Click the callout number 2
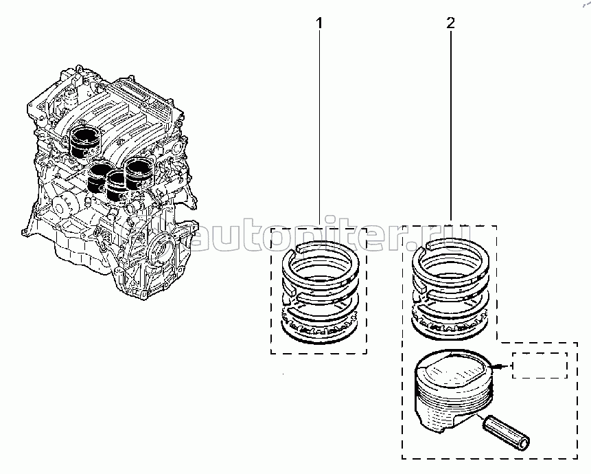pos(450,23)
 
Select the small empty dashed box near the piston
pos(540,365)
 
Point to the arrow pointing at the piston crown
pos(503,367)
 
